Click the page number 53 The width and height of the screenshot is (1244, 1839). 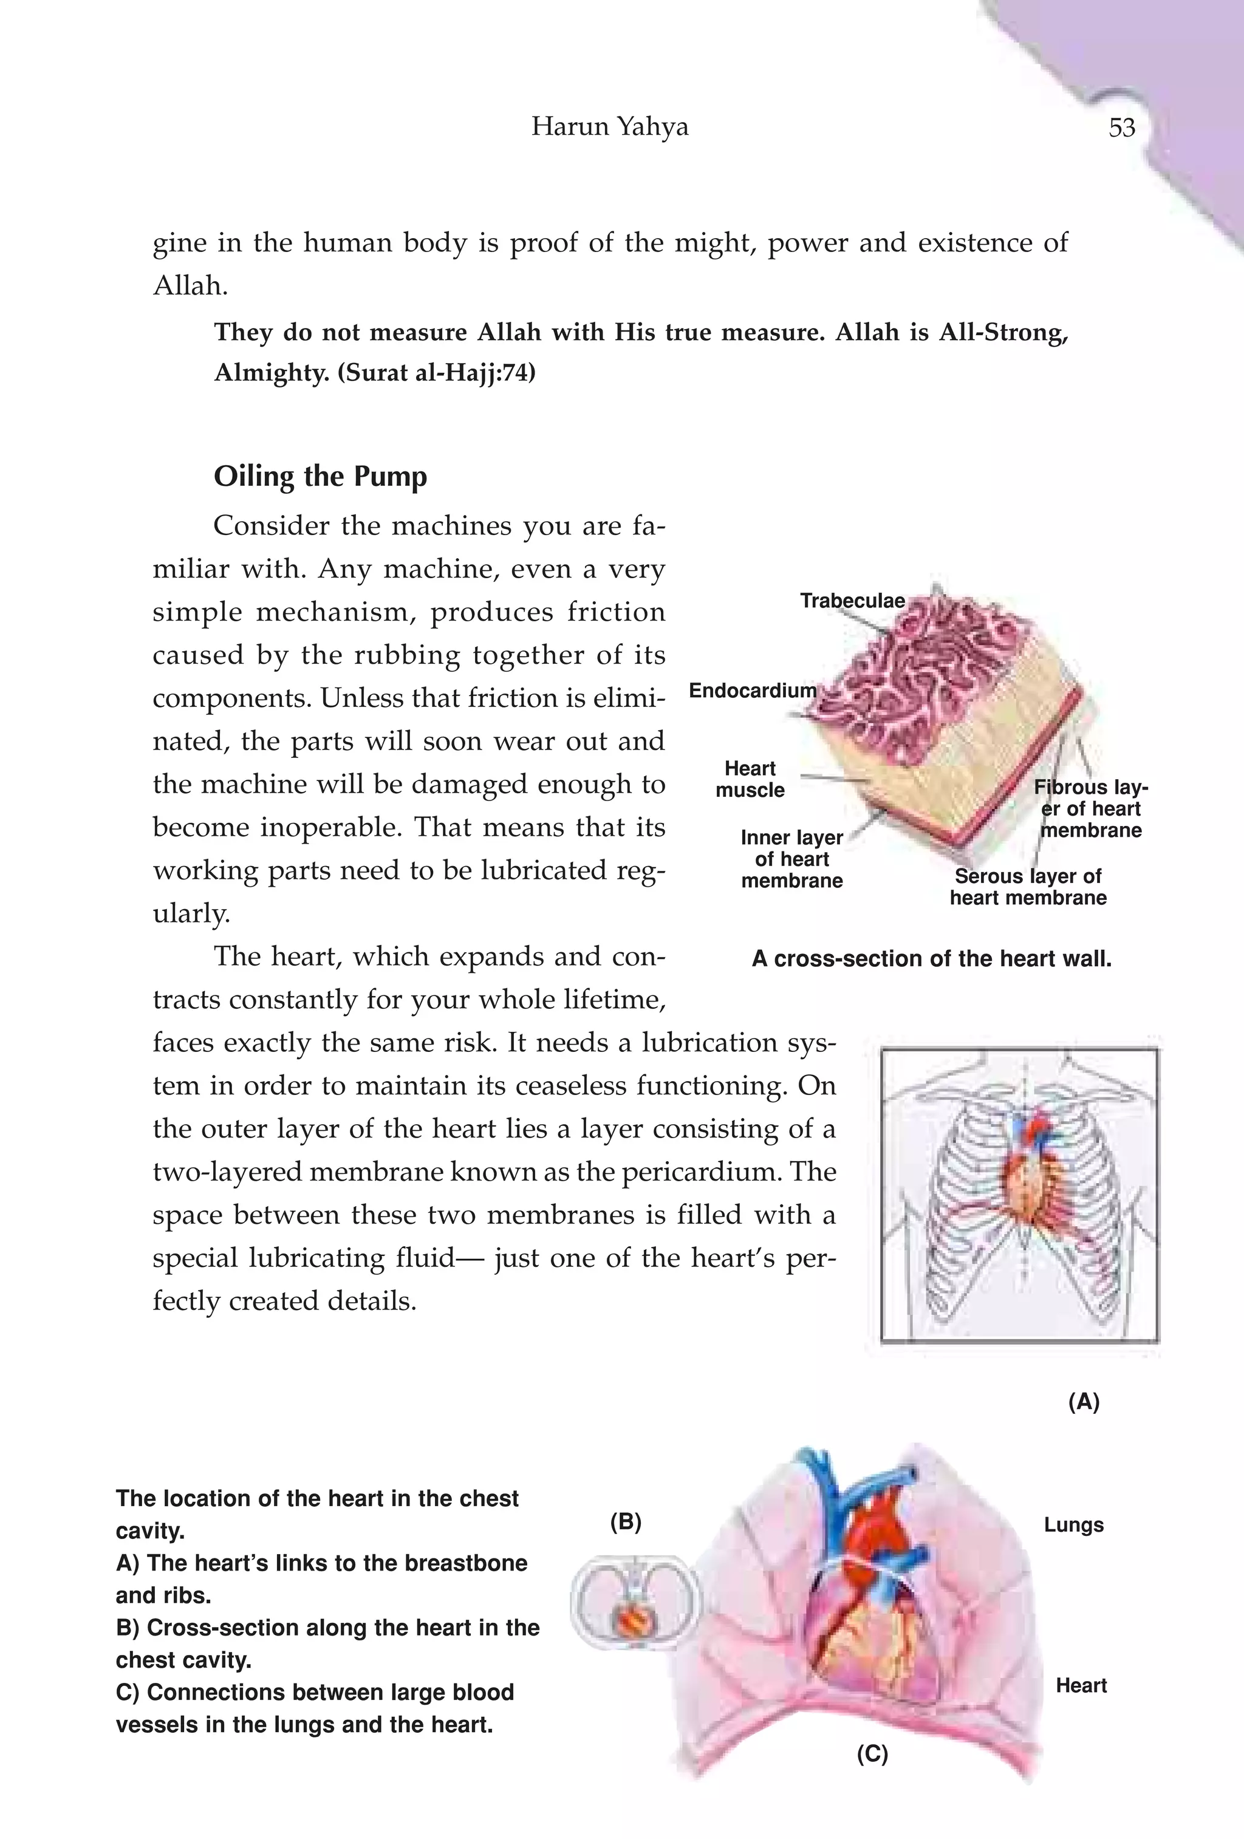[1121, 128]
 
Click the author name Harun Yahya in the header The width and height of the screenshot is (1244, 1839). [609, 126]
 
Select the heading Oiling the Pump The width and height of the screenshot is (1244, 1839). [321, 476]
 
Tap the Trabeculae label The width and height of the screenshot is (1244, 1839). [852, 601]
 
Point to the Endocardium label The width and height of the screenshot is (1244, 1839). [752, 691]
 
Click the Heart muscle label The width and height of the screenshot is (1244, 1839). [750, 779]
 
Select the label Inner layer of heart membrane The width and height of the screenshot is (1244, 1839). [791, 859]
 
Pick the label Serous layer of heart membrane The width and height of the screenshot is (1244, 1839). [1027, 887]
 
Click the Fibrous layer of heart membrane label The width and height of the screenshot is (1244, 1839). [1090, 809]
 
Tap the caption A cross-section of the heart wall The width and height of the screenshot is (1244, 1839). [931, 959]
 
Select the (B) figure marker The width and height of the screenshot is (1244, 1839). [625, 1523]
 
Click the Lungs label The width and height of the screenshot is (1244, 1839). [1073, 1525]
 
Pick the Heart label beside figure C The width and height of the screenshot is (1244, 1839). [1080, 1685]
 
